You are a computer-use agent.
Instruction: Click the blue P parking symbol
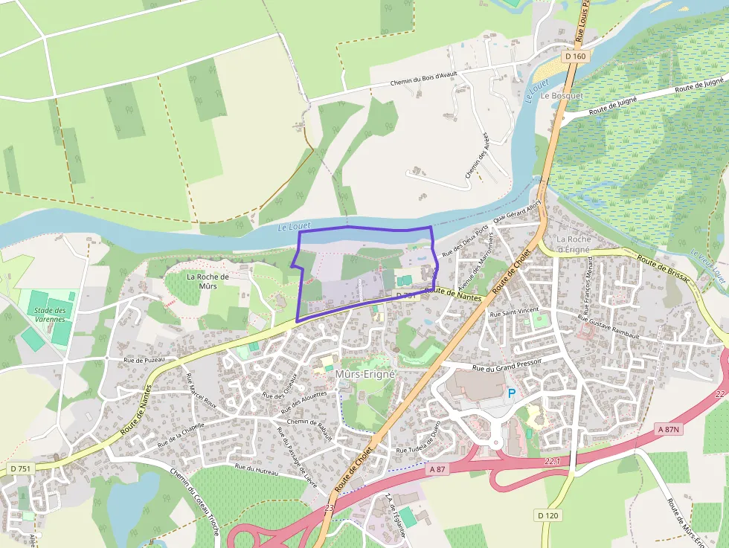(x=511, y=393)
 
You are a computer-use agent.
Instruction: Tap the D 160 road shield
(x=575, y=57)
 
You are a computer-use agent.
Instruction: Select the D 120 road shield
(x=548, y=515)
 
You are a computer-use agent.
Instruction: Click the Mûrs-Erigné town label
(x=364, y=373)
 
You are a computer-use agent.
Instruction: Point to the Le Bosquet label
(x=562, y=96)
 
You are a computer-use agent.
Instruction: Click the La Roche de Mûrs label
(x=208, y=281)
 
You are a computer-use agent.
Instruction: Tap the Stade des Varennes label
(x=51, y=315)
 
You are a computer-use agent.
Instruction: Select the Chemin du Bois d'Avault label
(x=423, y=79)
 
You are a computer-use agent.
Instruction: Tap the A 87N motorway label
(x=669, y=429)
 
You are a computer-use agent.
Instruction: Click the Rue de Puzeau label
(x=144, y=361)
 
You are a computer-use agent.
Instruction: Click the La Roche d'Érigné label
(x=574, y=244)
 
